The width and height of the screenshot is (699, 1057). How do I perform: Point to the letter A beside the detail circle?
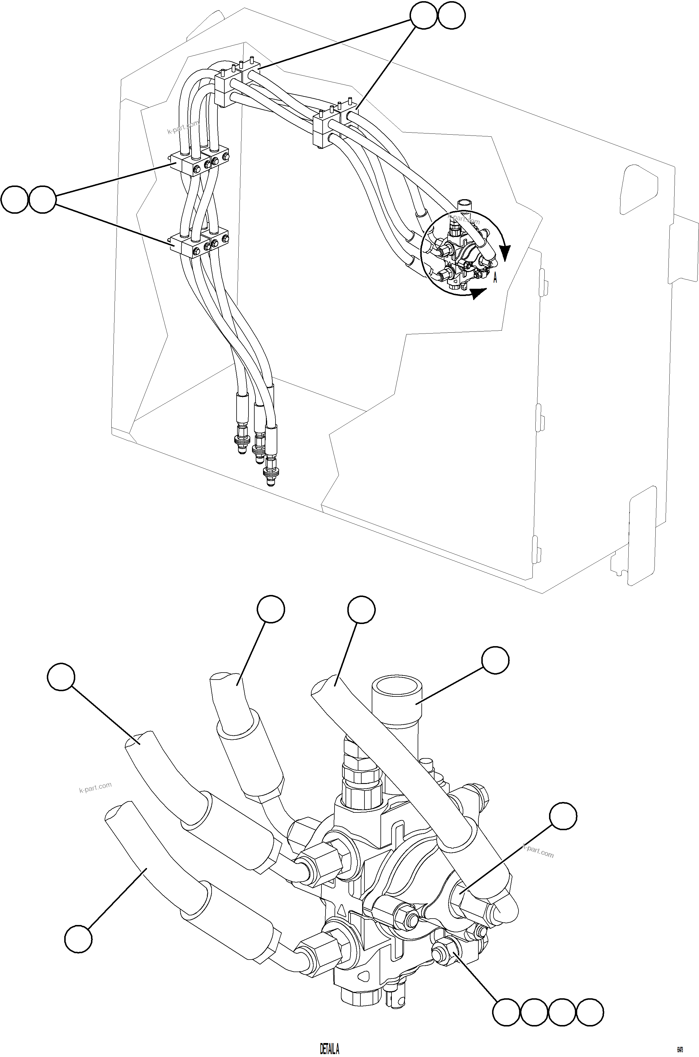coord(495,278)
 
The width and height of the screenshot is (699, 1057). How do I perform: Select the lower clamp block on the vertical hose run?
coord(199,243)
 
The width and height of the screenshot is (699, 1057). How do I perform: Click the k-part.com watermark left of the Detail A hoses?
coord(95,788)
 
